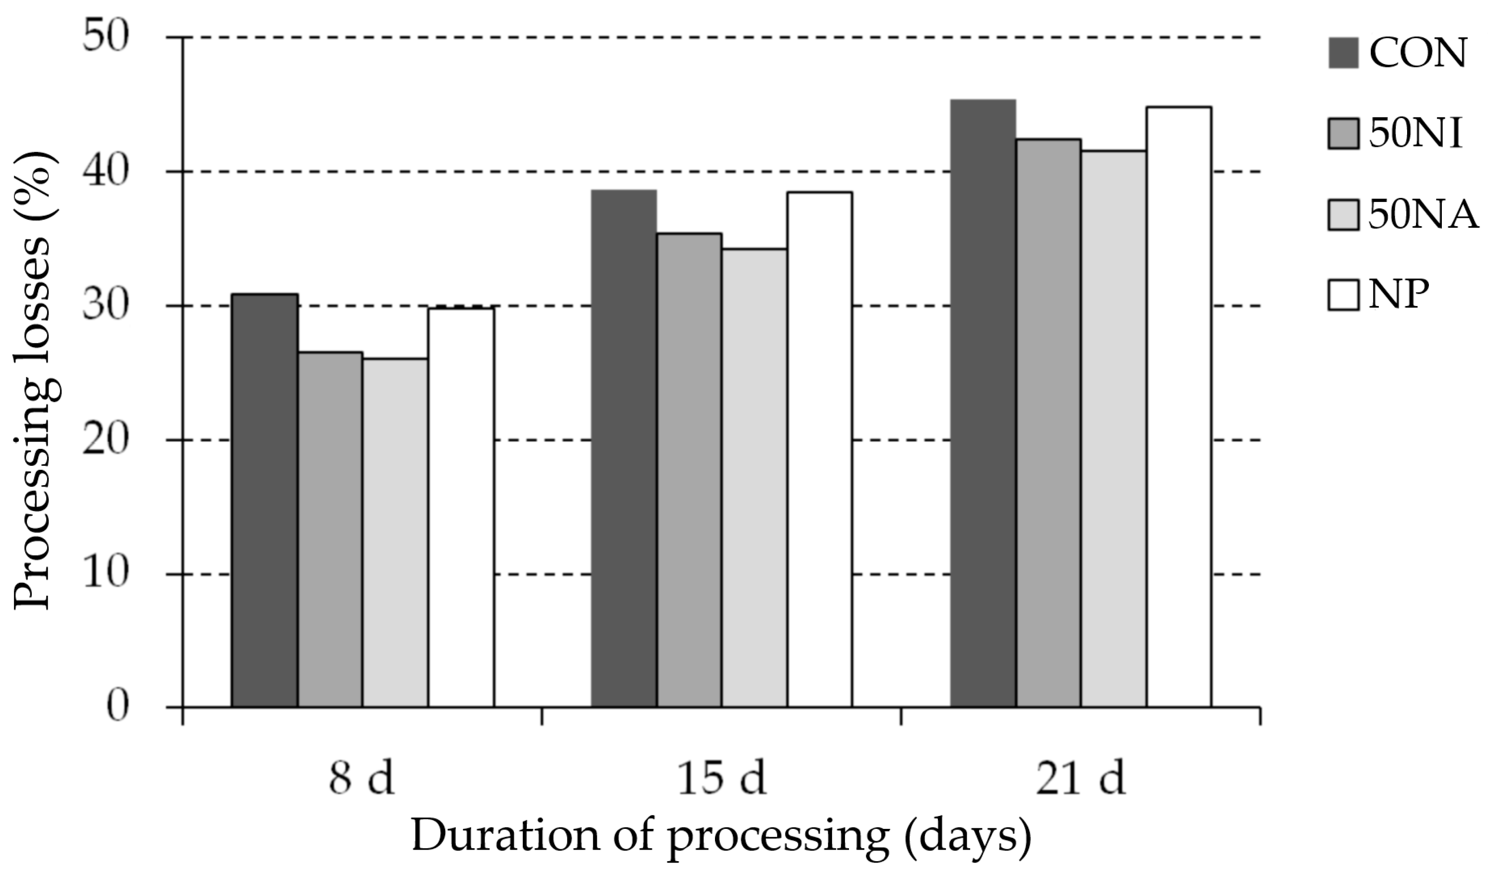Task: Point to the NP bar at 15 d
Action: (820, 449)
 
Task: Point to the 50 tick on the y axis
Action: (105, 37)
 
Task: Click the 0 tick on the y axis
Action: (118, 707)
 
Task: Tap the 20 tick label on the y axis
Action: (105, 439)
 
